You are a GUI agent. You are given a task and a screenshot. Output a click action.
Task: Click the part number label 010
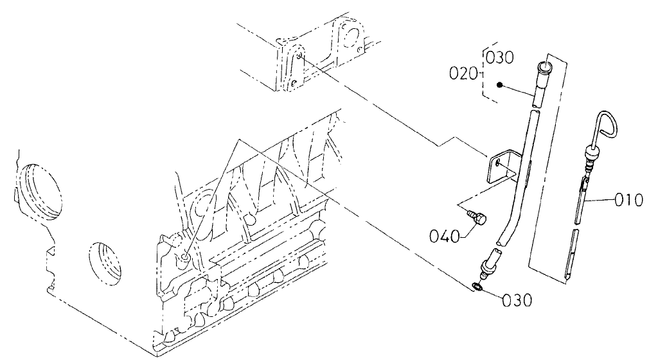[627, 200]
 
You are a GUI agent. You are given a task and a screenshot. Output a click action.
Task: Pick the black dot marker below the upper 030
[499, 84]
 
